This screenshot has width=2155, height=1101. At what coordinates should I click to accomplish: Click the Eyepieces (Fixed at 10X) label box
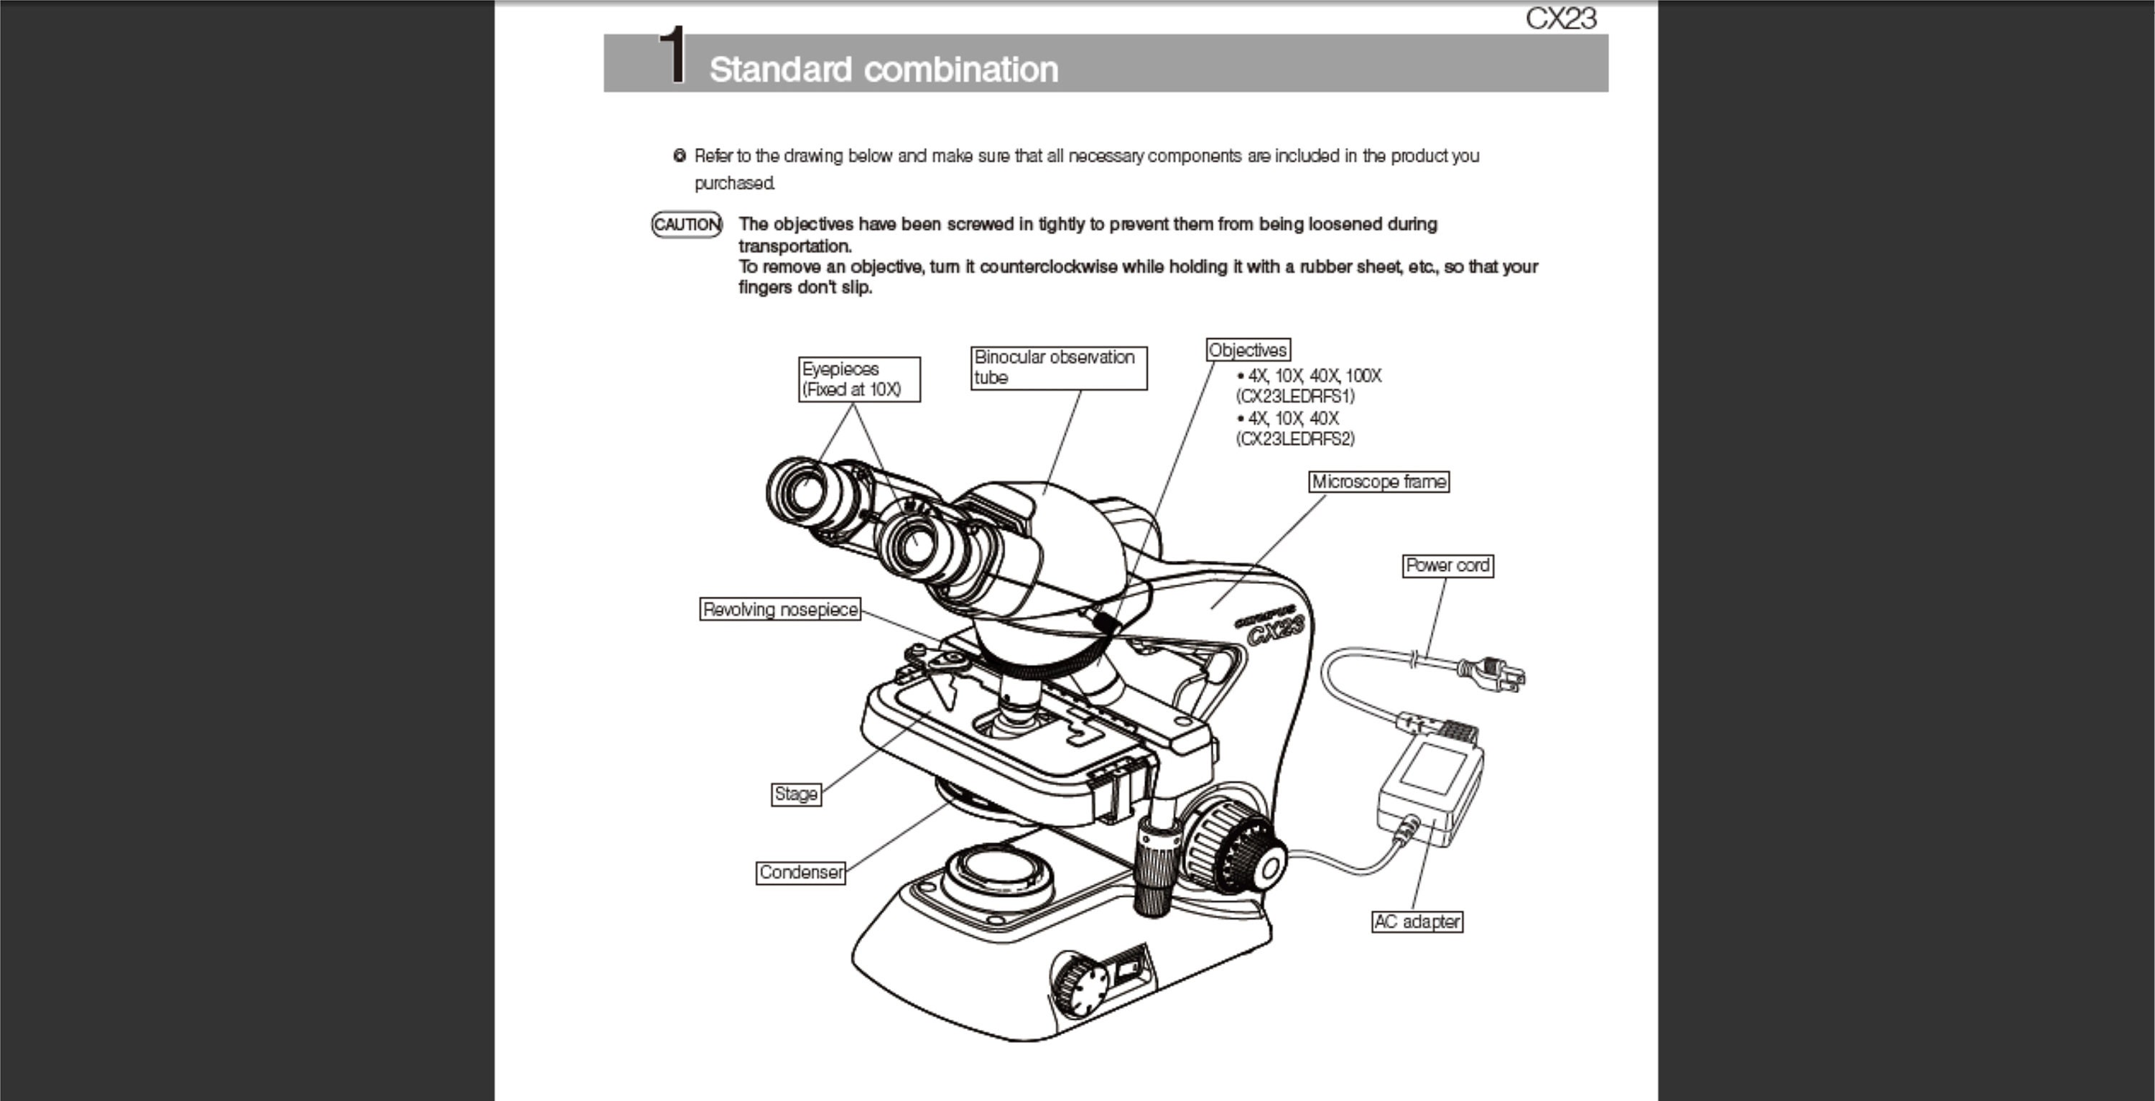pyautogui.click(x=859, y=379)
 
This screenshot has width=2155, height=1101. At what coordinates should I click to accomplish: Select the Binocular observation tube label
pyautogui.click(x=1058, y=367)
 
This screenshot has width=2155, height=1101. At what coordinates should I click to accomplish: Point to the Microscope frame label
pyautogui.click(x=1378, y=482)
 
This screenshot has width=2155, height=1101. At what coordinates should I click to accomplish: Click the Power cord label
pyautogui.click(x=1447, y=565)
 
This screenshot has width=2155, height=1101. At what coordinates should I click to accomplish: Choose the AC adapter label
pyautogui.click(x=1417, y=921)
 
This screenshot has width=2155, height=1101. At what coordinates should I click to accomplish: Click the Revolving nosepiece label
pyautogui.click(x=779, y=609)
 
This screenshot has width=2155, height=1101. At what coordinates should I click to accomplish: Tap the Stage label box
pyautogui.click(x=796, y=794)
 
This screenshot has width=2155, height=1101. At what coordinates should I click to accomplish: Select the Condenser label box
pyautogui.click(x=801, y=873)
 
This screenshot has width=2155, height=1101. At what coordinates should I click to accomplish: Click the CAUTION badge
pyautogui.click(x=687, y=224)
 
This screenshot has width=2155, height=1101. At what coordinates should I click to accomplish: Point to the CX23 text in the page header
pyautogui.click(x=1560, y=19)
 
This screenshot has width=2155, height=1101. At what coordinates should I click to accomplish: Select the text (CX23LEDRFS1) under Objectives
pyautogui.click(x=1295, y=396)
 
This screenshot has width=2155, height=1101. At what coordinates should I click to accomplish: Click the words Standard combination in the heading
pyautogui.click(x=884, y=70)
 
